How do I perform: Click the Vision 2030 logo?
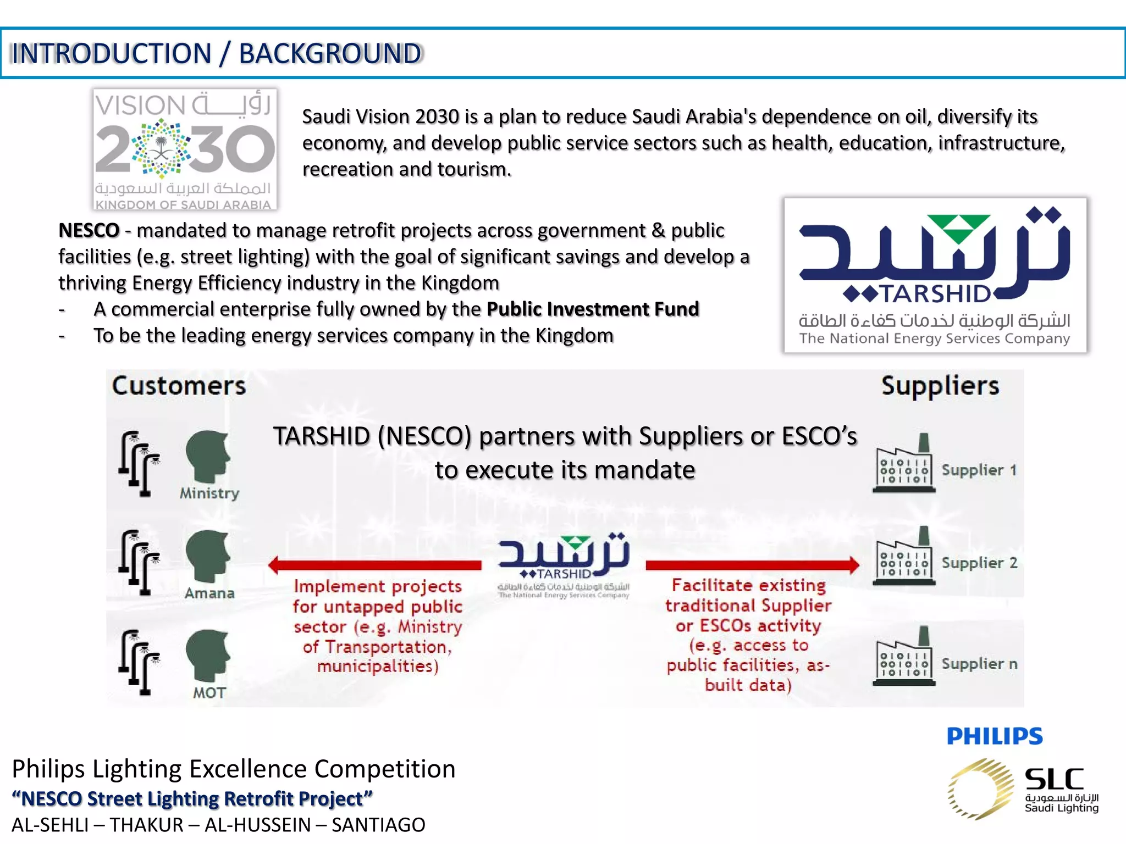click(185, 149)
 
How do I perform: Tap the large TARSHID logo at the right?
click(935, 275)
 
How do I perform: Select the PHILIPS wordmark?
click(995, 736)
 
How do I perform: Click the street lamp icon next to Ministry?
click(139, 464)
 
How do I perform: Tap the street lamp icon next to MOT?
click(139, 662)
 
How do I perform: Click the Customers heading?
click(179, 386)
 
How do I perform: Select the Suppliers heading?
click(940, 386)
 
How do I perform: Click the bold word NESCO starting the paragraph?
click(89, 230)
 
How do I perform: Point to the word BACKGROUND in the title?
click(330, 54)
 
